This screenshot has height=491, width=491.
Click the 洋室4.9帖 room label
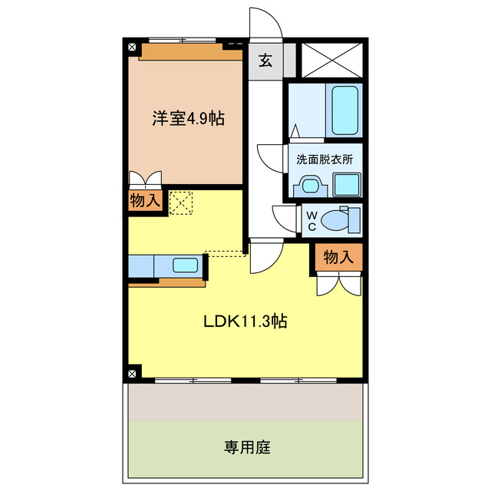pyautogui.click(x=187, y=119)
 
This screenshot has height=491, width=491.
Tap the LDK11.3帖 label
pyautogui.click(x=245, y=322)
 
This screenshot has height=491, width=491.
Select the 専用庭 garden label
pyautogui.click(x=247, y=447)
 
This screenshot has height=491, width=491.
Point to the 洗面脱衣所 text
pyautogui.click(x=325, y=160)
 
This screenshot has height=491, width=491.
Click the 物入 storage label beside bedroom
pyautogui.click(x=145, y=202)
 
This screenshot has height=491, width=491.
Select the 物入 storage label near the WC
pyautogui.click(x=337, y=258)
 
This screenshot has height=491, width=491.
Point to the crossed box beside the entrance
pyautogui.click(x=330, y=59)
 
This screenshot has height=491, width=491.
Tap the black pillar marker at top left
pyautogui.click(x=133, y=47)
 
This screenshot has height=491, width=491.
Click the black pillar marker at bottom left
pyautogui.click(x=133, y=373)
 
